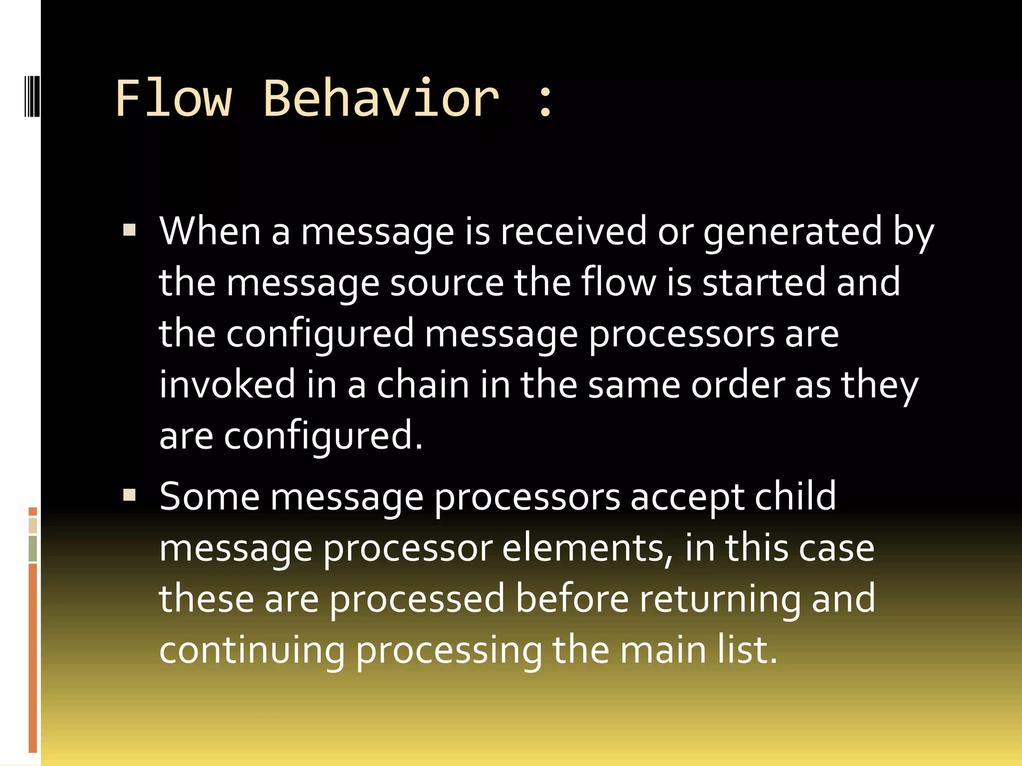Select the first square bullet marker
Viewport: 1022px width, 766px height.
[130, 229]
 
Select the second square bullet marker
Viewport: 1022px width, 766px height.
[130, 495]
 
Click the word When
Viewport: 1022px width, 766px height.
[210, 231]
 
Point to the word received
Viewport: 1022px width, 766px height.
[573, 231]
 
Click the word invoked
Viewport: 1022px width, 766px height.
[228, 384]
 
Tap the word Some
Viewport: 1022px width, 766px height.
[210, 497]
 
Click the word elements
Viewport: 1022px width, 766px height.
[587, 548]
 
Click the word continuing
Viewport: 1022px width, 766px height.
[252, 651]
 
